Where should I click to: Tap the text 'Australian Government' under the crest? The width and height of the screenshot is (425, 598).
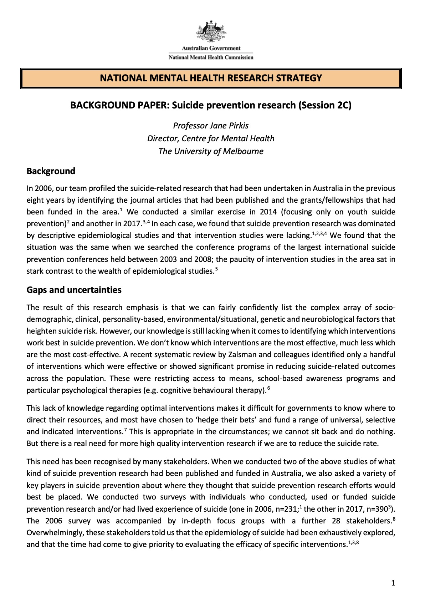tap(211, 48)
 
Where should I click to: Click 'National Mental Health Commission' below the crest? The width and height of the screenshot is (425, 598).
tap(211, 57)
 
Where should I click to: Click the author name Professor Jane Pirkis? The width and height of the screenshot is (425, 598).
tap(211, 126)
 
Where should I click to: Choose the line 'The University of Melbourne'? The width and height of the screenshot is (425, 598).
tap(211, 151)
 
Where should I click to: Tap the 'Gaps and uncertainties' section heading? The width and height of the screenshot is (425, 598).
tap(74, 290)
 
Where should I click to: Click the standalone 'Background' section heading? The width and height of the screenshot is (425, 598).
tap(51, 171)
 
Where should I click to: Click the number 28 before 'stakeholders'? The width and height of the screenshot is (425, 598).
tap(336, 521)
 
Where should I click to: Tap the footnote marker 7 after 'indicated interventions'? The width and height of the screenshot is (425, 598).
tap(125, 430)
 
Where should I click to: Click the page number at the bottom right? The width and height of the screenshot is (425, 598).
tap(393, 583)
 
